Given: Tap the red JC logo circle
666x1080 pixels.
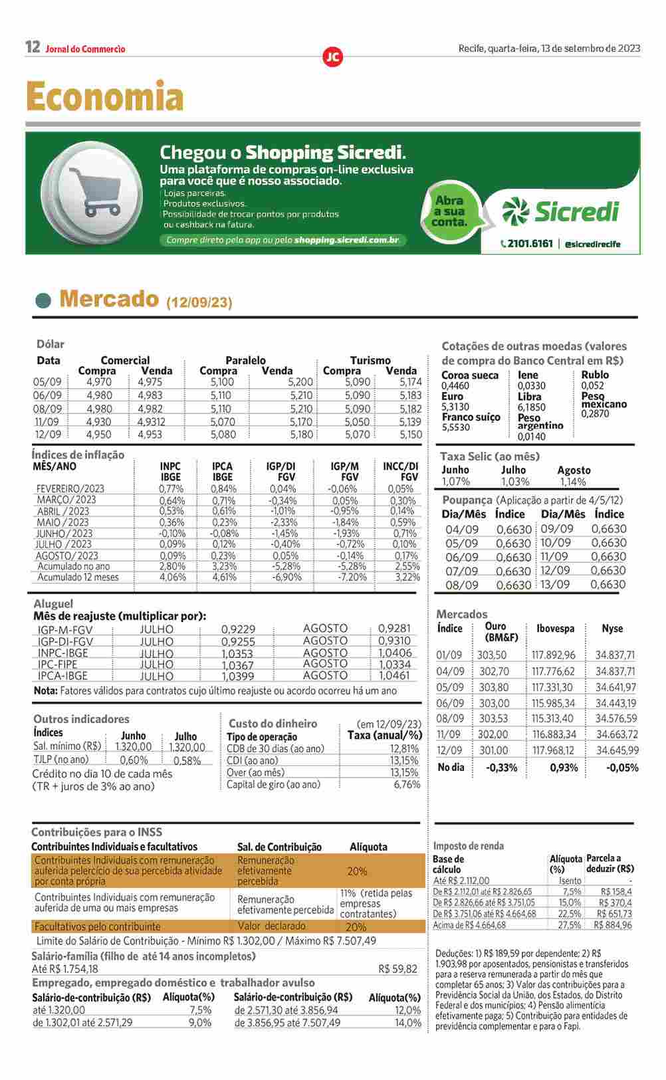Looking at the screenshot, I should [x=332, y=57].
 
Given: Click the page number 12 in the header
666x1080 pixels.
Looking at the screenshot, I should [x=33, y=47].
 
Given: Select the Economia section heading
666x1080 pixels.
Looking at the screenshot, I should [x=105, y=97].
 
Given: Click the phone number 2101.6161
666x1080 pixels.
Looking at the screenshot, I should [x=529, y=244].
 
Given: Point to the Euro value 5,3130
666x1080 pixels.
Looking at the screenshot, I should [x=455, y=407].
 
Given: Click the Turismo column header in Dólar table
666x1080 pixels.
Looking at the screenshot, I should [x=370, y=360].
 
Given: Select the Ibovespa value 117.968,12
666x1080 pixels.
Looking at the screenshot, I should [x=553, y=750].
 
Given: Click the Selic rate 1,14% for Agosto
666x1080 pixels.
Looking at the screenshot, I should [x=572, y=482].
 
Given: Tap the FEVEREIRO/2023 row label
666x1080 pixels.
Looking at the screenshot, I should [x=70, y=488].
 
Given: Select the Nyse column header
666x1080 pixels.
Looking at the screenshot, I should [x=612, y=629].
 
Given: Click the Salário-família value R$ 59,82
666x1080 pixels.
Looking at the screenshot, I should [x=397, y=969].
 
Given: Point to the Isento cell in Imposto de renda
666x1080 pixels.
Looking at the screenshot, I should [x=570, y=881].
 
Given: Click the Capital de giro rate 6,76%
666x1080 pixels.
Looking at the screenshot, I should [x=407, y=784].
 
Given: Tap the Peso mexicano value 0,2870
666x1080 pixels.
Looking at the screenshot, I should [x=595, y=413].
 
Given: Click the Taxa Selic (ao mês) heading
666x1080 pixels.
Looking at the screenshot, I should [x=490, y=457].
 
